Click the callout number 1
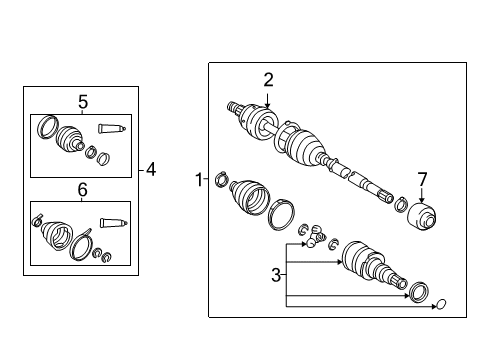(x=198, y=180)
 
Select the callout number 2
(x=268, y=80)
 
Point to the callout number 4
(x=150, y=170)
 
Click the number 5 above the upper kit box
(x=83, y=101)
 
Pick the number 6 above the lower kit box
(x=83, y=189)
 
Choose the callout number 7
(x=422, y=179)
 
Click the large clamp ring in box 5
(x=44, y=129)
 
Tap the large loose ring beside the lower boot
(x=281, y=213)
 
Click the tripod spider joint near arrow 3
(x=315, y=236)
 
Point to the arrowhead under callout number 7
(x=422, y=201)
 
